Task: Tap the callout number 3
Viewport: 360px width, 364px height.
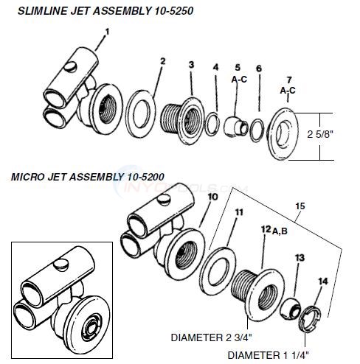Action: click(x=191, y=66)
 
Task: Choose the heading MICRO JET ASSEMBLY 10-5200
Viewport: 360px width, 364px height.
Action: click(x=86, y=177)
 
